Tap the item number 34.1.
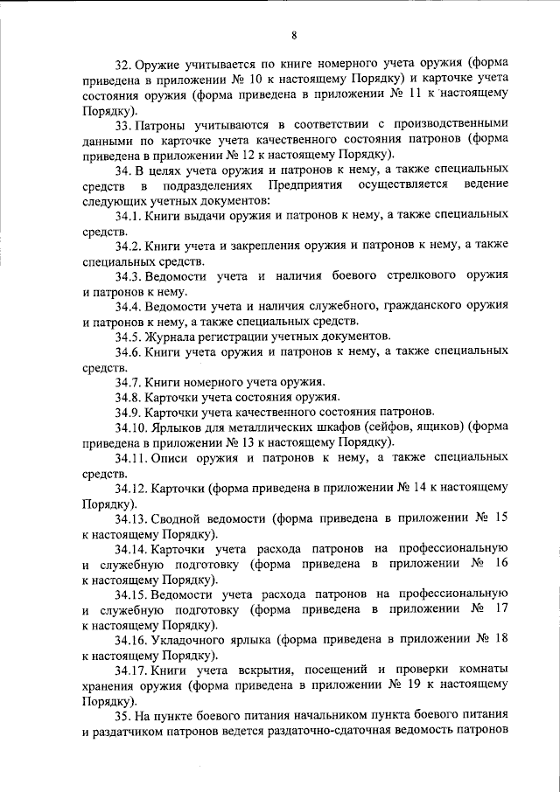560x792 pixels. pyautogui.click(x=129, y=214)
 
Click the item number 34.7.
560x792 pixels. pyautogui.click(x=129, y=383)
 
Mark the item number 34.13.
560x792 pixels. pyautogui.click(x=132, y=518)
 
